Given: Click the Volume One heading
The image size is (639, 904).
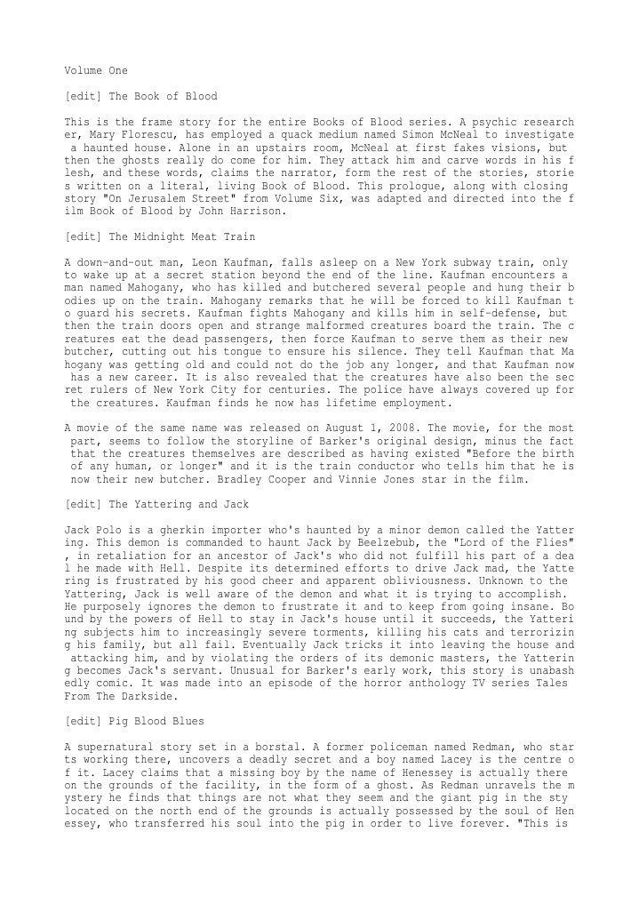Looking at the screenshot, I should (96, 69).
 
